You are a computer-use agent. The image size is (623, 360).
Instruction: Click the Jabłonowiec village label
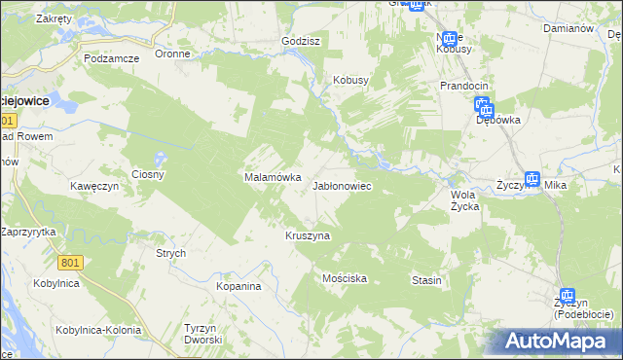click(341, 185)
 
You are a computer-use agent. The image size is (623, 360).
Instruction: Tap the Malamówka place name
click(265, 178)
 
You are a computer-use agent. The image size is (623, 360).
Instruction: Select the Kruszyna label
click(308, 235)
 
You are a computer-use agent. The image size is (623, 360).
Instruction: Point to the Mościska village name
click(345, 278)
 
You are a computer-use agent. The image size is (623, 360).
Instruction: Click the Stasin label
click(426, 280)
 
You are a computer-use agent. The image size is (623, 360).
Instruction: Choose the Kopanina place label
click(239, 287)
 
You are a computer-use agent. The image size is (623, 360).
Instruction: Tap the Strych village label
click(171, 253)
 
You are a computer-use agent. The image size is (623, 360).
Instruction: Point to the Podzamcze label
click(112, 58)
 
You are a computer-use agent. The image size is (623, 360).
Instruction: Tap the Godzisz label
click(301, 42)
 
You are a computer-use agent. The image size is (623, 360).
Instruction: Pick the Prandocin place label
click(463, 86)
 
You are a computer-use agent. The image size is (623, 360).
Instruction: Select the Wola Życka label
click(464, 199)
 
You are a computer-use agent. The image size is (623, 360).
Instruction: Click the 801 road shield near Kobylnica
click(70, 263)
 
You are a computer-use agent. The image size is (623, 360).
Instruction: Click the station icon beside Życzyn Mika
click(531, 179)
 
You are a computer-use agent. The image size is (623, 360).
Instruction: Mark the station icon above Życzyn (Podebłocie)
click(568, 296)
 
